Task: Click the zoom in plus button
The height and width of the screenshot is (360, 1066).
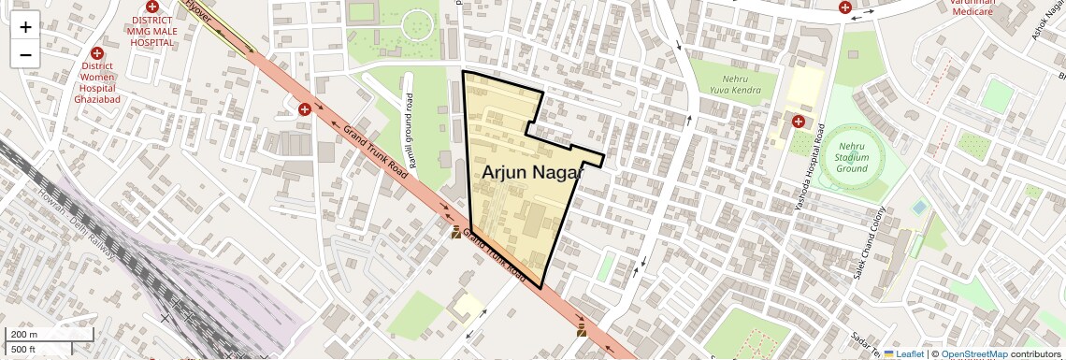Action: point(25,27)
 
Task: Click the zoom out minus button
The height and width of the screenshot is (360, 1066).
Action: point(25,54)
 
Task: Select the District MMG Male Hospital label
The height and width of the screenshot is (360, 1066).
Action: point(151,32)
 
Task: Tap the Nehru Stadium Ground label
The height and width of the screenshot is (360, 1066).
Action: point(852,157)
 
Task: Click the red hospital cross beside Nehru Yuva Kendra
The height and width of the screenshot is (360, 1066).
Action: point(798,121)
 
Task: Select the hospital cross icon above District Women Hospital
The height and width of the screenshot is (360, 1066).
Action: point(96,53)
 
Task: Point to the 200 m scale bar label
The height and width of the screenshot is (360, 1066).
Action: point(24,335)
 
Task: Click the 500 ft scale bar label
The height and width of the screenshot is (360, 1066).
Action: point(23,349)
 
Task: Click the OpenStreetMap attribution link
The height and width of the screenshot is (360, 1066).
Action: point(974,353)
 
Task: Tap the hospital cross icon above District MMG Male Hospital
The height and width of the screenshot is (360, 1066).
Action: point(151,6)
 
